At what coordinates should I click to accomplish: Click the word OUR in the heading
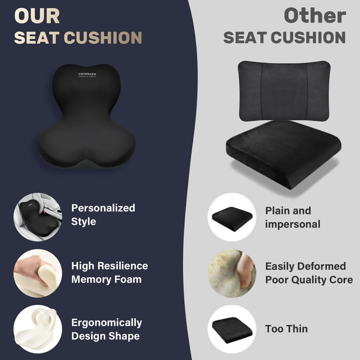(37, 16)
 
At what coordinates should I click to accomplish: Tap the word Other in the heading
(315, 16)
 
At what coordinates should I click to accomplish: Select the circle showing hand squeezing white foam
(38, 273)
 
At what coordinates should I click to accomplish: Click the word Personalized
(103, 208)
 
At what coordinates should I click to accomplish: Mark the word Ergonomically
(107, 323)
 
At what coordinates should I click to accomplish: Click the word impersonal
(293, 224)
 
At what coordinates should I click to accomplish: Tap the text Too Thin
(287, 329)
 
